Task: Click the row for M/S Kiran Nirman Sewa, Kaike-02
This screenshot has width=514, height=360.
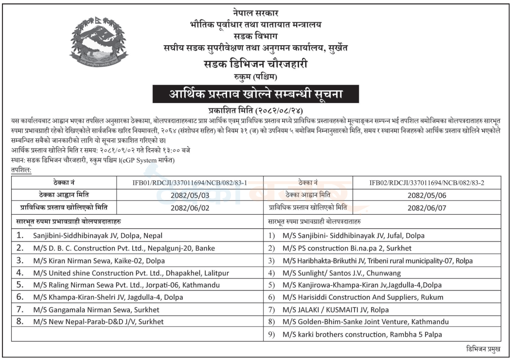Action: (99, 260)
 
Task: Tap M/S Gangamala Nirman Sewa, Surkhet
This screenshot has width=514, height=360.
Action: (96, 309)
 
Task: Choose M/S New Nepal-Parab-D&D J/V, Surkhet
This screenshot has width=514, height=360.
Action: (98, 321)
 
